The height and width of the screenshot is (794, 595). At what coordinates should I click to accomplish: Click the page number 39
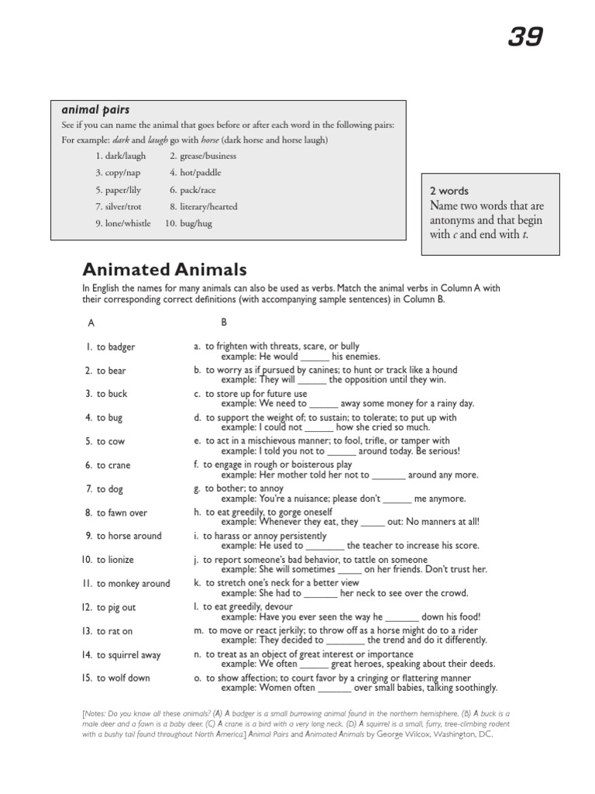525,36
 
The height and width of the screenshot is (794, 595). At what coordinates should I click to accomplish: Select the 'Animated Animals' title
164,270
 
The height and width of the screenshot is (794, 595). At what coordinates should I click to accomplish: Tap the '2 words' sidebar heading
449,191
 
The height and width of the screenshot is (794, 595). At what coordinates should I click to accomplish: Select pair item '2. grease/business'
203,156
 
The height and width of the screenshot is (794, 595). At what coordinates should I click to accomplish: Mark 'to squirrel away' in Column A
129,655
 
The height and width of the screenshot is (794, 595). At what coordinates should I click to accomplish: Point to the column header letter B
224,321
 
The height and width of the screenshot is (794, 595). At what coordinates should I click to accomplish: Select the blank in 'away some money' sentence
324,404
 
